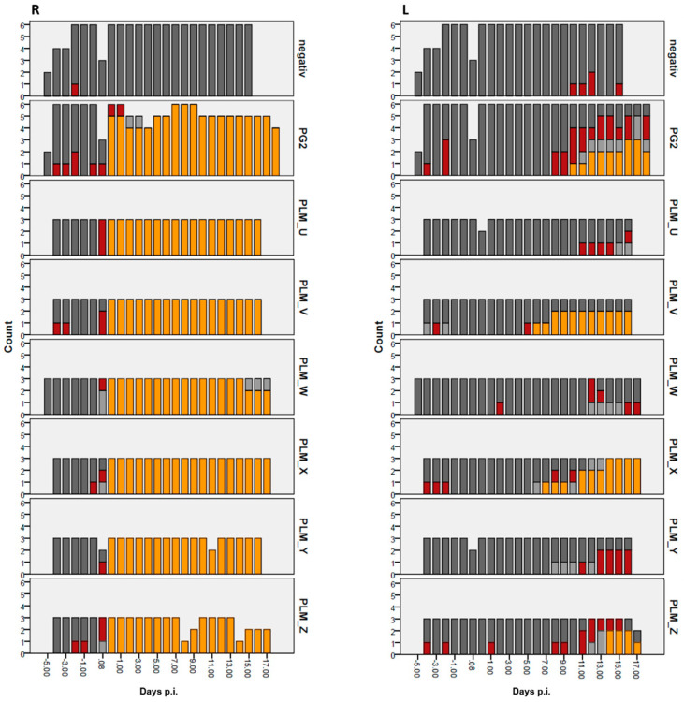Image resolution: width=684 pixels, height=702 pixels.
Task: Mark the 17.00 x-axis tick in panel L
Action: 637,670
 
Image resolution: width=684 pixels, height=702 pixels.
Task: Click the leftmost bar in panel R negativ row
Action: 48,83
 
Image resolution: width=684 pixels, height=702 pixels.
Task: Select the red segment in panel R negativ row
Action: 75,89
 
